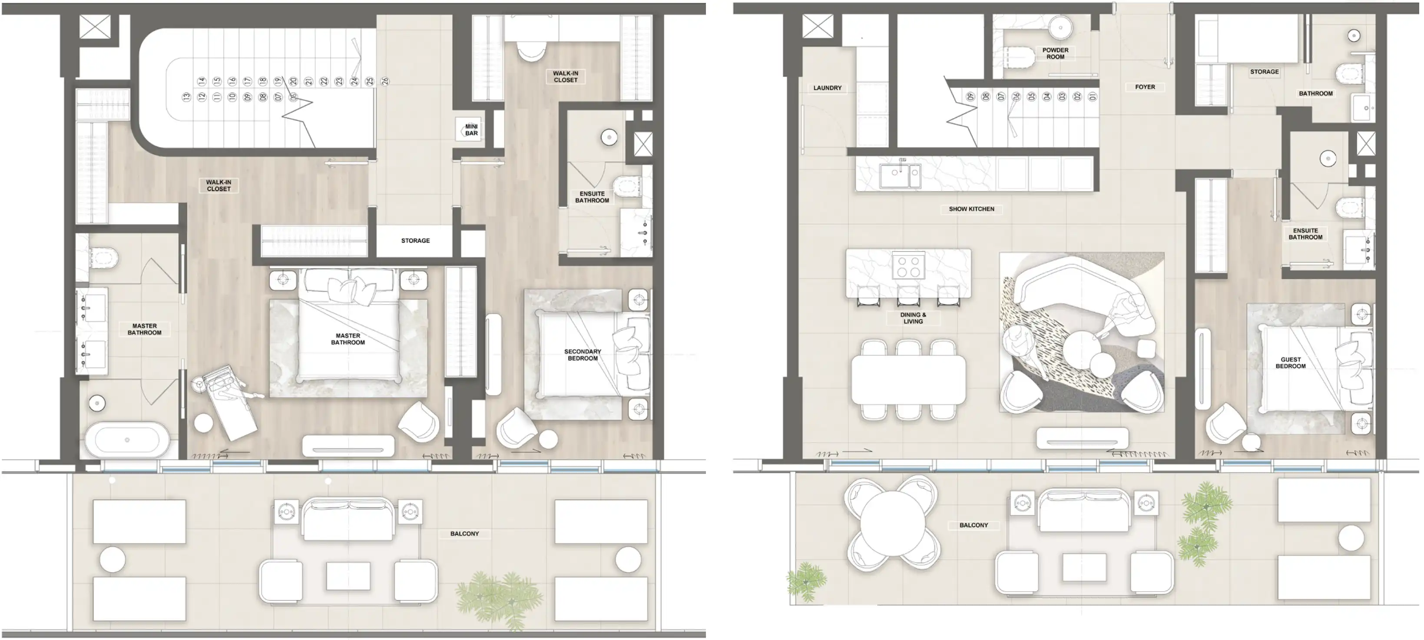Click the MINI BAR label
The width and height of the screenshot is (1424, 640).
click(471, 130)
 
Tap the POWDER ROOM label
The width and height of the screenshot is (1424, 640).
click(1055, 53)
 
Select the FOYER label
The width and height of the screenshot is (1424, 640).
click(1145, 87)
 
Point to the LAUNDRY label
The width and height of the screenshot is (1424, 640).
click(827, 88)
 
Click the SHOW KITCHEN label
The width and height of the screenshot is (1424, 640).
click(971, 209)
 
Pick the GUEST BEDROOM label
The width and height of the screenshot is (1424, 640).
click(1290, 362)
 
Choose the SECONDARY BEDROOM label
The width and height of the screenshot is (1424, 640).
click(582, 355)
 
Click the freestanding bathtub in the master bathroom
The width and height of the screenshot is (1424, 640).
click(127, 440)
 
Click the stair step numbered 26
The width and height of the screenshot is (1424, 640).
click(385, 81)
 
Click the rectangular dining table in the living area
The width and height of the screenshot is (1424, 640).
click(908, 379)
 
